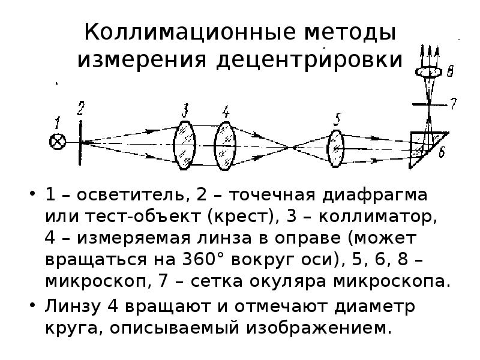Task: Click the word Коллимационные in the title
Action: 190,32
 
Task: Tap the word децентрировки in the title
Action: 309,60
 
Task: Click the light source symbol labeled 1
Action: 58,142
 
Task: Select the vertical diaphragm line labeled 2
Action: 80,142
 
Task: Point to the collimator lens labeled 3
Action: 184,145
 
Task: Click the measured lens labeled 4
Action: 226,146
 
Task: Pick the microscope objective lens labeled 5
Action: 336,149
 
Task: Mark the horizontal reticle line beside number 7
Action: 430,104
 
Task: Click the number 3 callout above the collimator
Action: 185,110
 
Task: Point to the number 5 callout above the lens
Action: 337,119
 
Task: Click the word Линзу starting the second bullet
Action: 73,306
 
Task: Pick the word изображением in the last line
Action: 319,328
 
